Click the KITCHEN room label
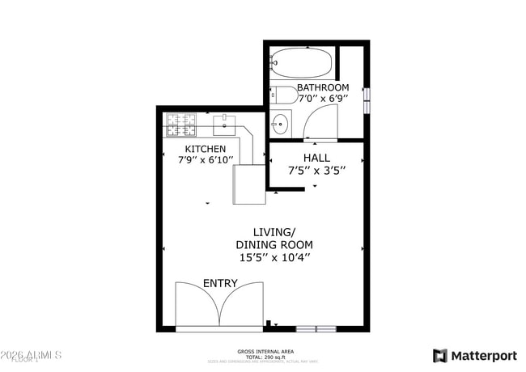click(206, 149)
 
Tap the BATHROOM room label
click(323, 87)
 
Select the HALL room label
click(316, 158)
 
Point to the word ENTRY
click(220, 283)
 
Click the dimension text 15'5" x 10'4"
click(274, 258)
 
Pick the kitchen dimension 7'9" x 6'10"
click(206, 160)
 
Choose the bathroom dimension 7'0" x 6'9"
click(323, 99)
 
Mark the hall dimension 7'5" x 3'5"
click(316, 170)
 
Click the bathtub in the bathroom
click(301, 61)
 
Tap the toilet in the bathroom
click(282, 95)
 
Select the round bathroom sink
click(280, 124)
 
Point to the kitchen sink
click(224, 125)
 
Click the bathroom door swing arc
click(321, 123)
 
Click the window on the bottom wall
click(316, 329)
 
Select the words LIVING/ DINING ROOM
click(274, 239)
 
